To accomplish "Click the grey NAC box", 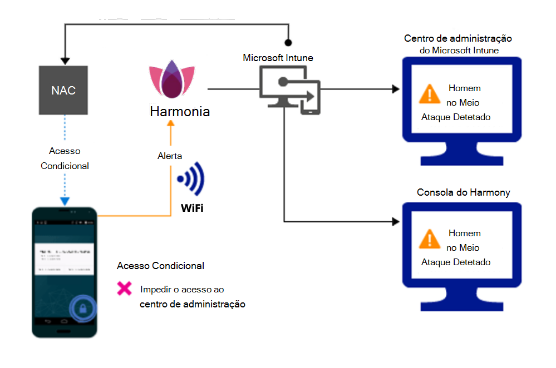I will click(63, 90).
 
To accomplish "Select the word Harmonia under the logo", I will click(180, 112).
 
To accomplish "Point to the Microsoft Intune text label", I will click(278, 58).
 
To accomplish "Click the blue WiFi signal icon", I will click(191, 180).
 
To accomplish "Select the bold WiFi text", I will click(191, 208).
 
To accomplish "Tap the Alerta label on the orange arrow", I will click(169, 156).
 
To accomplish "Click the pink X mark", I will click(124, 289).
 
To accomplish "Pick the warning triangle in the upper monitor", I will click(429, 93).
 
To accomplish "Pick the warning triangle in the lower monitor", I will click(429, 239).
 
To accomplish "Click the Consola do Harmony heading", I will click(463, 192).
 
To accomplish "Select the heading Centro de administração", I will click(458, 39).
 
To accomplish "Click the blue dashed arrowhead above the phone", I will click(65, 201).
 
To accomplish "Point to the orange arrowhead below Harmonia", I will click(171, 126).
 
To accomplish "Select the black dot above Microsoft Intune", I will click(288, 42).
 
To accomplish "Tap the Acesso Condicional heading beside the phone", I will click(160, 266).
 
